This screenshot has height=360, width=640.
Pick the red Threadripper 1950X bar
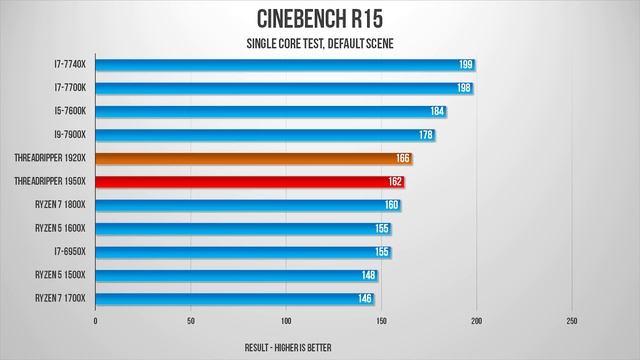point(250,182)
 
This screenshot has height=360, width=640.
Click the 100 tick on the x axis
point(286,321)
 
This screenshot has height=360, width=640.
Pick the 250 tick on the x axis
point(572,321)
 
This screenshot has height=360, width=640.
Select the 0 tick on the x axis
point(95,321)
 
